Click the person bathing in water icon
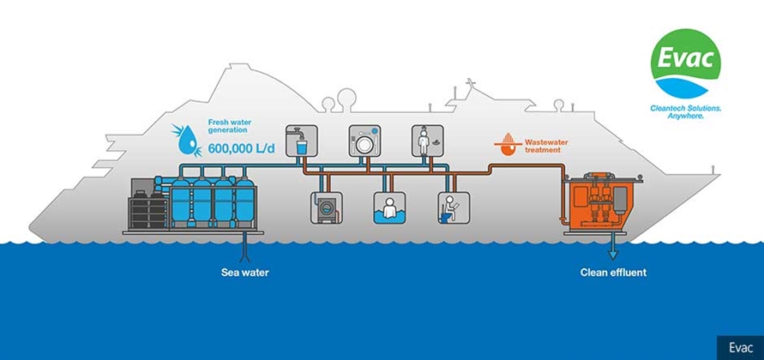click(x=390, y=207)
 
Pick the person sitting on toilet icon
click(x=454, y=207)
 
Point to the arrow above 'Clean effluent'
click(x=611, y=253)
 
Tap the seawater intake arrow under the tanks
click(x=245, y=249)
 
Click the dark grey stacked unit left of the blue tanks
click(x=147, y=205)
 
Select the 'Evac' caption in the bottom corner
click(x=740, y=347)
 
